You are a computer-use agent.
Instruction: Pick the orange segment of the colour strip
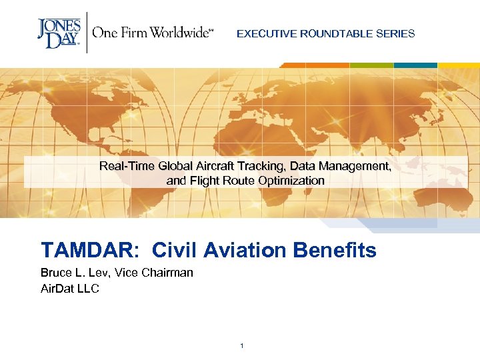[314, 65]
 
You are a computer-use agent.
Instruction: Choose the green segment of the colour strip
[371, 65]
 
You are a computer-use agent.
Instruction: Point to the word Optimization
[291, 181]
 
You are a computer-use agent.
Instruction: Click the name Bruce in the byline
[55, 273]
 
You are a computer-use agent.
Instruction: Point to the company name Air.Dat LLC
[70, 288]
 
